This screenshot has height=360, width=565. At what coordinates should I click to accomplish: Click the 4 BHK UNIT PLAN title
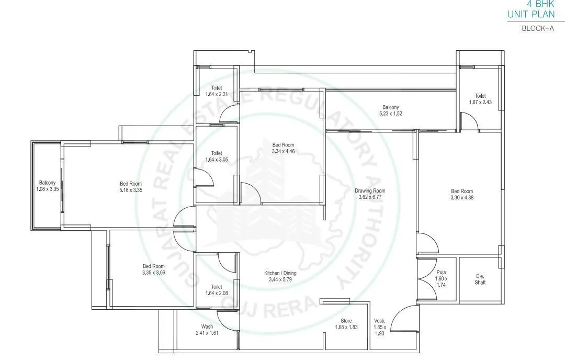(530, 10)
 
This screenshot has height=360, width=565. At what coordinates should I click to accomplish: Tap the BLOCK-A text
(538, 29)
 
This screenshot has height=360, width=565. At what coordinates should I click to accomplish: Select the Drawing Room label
(369, 194)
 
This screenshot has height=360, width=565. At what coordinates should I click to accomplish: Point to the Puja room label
(440, 276)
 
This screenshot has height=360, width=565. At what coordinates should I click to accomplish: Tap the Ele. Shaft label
(480, 279)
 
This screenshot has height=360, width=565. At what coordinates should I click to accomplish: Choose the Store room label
(346, 324)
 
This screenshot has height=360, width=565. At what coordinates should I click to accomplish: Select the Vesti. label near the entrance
(380, 327)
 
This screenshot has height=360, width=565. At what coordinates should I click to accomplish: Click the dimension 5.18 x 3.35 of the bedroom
(130, 190)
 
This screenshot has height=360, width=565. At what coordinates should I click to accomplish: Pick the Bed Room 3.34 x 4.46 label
(283, 148)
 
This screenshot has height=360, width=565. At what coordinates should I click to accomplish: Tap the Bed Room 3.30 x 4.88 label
(462, 194)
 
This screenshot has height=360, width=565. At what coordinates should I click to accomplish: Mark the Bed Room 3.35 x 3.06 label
(154, 269)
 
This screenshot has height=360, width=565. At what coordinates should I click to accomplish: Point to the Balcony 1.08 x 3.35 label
(46, 186)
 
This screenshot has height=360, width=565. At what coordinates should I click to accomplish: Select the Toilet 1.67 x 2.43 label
(480, 99)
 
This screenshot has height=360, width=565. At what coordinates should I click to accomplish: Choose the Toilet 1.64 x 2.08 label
(217, 289)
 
